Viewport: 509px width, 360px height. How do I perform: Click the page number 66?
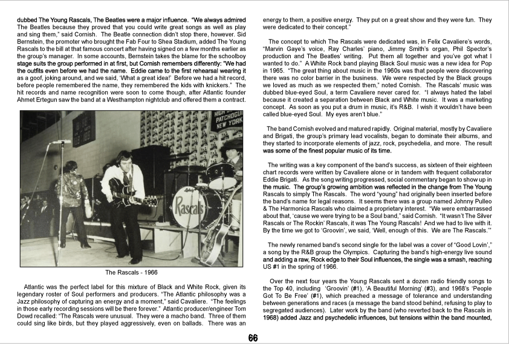point(253,338)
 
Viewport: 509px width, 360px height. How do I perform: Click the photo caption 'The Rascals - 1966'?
point(131,272)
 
